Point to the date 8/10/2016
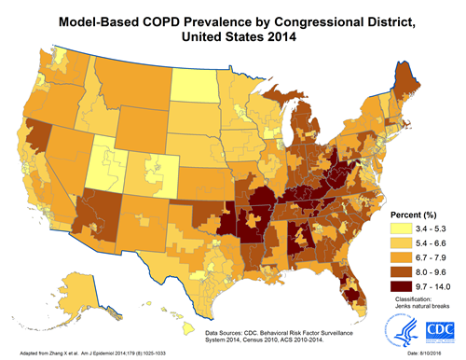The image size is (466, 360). coord(439,353)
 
